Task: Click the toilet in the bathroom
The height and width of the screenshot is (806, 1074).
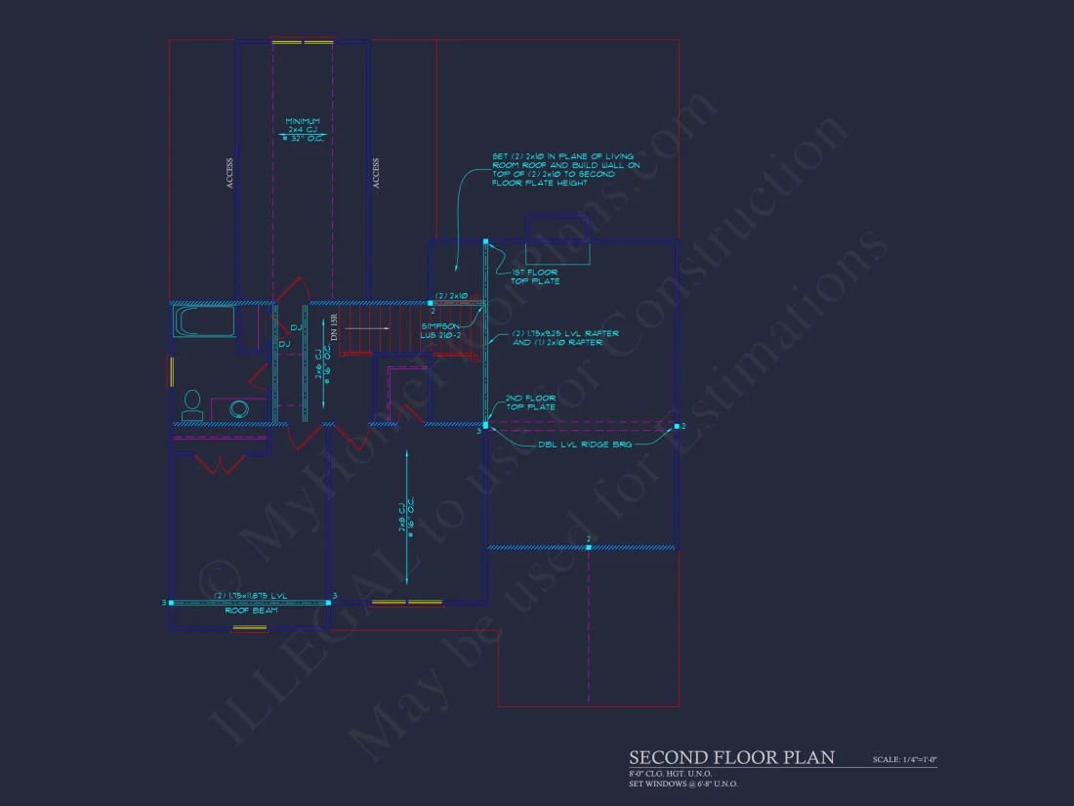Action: point(192,405)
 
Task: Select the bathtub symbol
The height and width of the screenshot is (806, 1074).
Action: point(204,321)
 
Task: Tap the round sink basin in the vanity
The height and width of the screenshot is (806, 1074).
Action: point(239,409)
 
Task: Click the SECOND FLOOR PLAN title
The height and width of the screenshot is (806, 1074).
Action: point(731,757)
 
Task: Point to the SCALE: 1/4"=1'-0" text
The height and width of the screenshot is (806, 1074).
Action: point(904,759)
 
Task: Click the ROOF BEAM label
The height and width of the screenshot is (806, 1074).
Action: point(251,611)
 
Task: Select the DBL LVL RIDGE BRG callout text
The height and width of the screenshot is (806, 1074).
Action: point(585,444)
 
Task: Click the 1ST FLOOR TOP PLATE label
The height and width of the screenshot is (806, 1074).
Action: point(535,277)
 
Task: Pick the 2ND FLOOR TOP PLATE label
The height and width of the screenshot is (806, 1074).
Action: point(530,403)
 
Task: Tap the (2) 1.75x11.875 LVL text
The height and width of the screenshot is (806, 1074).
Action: point(250,595)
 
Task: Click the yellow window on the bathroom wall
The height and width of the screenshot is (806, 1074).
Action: point(172,372)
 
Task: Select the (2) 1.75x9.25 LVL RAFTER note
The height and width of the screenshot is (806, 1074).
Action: point(564,338)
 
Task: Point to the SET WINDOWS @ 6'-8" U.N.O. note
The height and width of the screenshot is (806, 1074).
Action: point(683,784)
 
